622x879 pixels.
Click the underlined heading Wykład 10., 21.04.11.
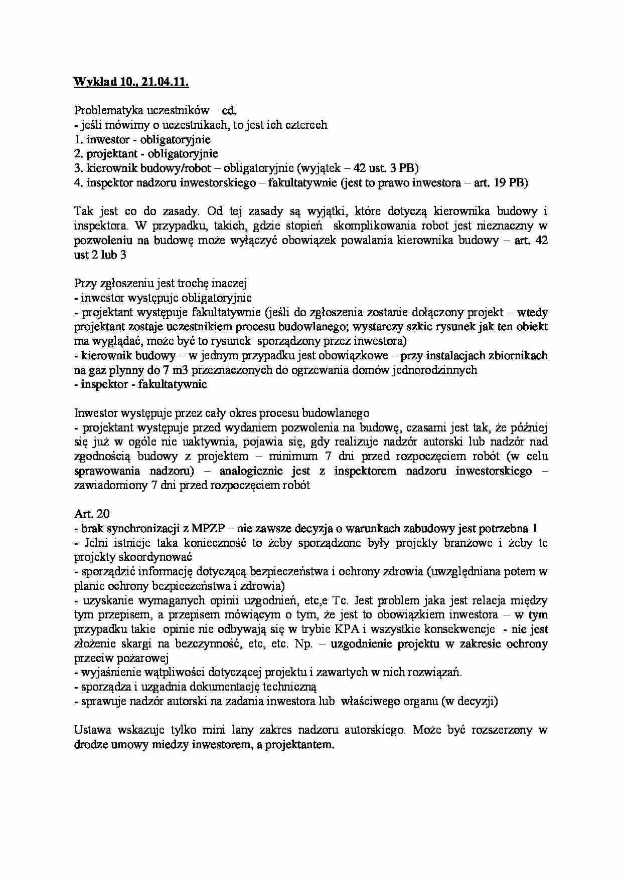131,82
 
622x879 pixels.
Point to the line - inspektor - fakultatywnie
140,384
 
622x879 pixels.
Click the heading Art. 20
92,514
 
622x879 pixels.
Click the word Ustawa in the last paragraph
92,730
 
